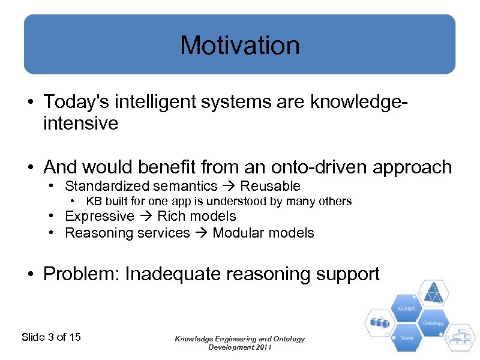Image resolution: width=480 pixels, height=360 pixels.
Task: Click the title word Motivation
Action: click(239, 45)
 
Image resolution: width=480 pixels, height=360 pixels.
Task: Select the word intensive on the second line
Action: click(80, 124)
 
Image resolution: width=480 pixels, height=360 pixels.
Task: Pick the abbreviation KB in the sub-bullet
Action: click(94, 201)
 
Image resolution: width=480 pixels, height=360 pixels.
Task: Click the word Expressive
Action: click(99, 216)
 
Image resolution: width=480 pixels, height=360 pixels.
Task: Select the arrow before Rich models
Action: click(146, 216)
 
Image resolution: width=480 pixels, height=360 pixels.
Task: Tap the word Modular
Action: click(239, 233)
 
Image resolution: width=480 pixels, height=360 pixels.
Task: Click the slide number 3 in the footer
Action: click(50, 337)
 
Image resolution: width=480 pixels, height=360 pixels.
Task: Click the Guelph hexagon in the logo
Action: click(406, 308)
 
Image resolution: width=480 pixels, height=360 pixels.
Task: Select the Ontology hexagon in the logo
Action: click(433, 323)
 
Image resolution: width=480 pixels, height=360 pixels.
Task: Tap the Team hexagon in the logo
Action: click(406, 337)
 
